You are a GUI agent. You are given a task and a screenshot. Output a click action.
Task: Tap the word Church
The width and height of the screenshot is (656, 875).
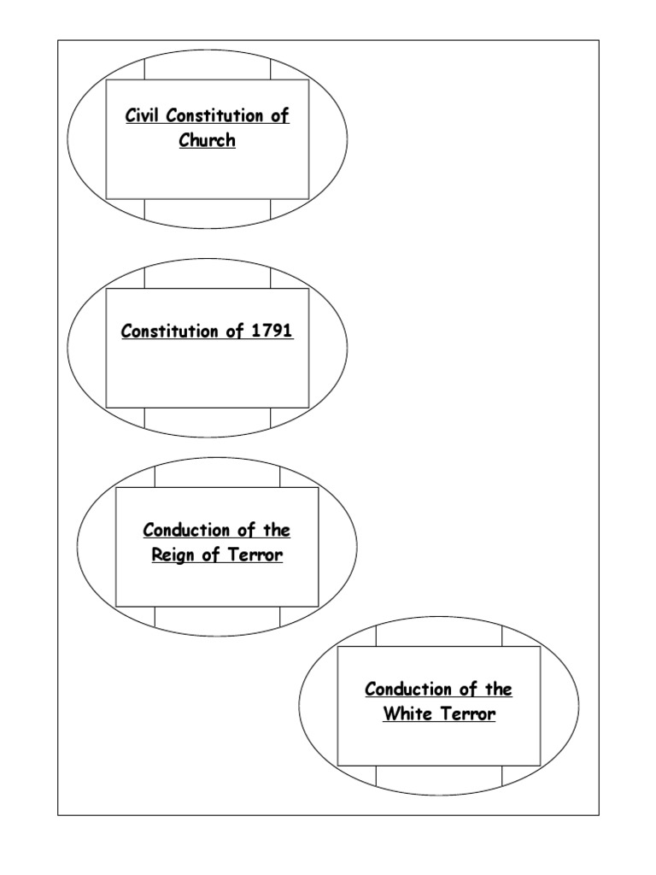tap(207, 140)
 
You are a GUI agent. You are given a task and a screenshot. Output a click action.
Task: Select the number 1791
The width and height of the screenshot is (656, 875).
tap(272, 331)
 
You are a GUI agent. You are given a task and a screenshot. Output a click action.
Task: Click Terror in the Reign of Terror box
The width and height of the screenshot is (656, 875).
tap(255, 555)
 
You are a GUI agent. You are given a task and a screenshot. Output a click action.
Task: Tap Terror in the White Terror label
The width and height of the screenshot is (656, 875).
tap(466, 714)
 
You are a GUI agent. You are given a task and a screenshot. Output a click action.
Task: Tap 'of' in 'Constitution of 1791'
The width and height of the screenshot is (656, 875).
tap(235, 331)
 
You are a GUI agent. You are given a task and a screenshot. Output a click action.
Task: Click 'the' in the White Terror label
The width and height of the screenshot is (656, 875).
tap(498, 689)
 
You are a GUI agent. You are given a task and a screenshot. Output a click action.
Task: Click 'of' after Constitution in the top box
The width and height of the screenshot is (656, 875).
tap(280, 115)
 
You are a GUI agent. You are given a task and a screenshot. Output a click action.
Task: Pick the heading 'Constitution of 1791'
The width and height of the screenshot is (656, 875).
tap(208, 331)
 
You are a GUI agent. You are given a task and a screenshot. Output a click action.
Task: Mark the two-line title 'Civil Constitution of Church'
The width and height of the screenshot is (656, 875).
tap(208, 127)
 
